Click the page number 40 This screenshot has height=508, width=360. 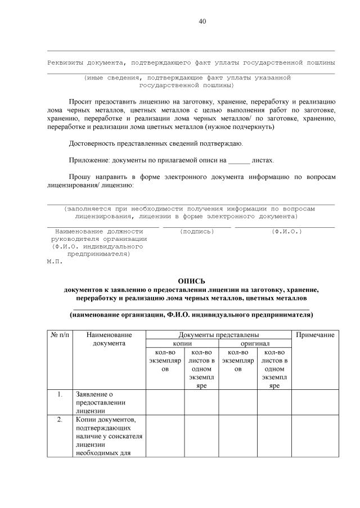click(202, 21)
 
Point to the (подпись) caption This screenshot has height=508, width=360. click(197, 231)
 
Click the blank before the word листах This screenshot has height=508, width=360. click(239, 160)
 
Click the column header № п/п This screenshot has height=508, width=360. click(60, 335)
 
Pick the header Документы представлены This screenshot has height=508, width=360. click(218, 335)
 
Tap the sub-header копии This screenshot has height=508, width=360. click(182, 343)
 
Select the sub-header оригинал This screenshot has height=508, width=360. click(255, 343)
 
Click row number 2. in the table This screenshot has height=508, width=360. click(60, 420)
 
